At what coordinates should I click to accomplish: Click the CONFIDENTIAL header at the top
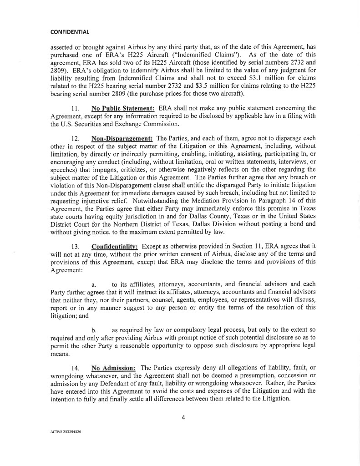click(x=70, y=32)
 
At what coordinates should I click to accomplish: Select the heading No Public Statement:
click(x=123, y=108)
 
